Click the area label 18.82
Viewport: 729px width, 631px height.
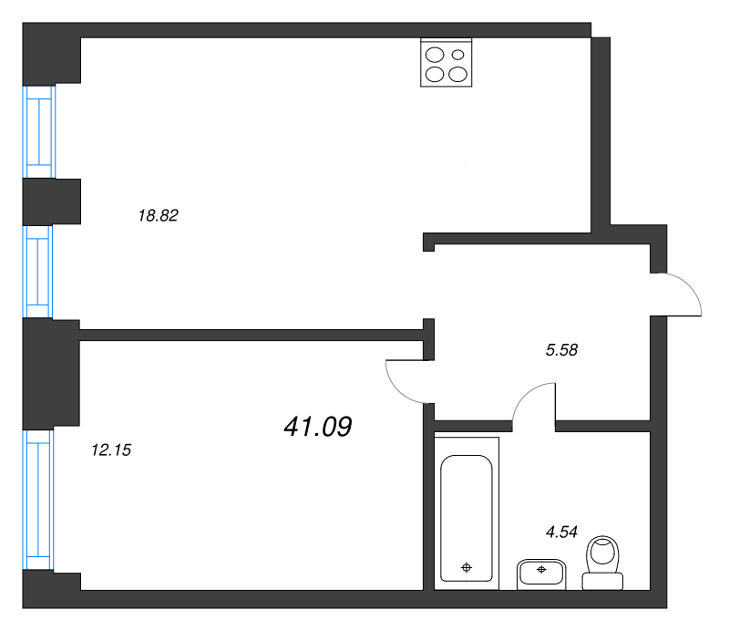pyautogui.click(x=158, y=215)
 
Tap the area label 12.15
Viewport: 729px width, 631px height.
pyautogui.click(x=111, y=450)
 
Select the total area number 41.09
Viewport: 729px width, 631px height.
pyautogui.click(x=318, y=426)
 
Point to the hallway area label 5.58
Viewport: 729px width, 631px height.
pyautogui.click(x=561, y=349)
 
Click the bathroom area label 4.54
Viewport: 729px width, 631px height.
pyautogui.click(x=561, y=532)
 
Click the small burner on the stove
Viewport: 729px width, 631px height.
pyautogui.click(x=458, y=55)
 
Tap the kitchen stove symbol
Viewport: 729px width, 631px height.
pyautogui.click(x=447, y=62)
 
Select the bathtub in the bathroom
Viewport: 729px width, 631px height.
pyautogui.click(x=467, y=513)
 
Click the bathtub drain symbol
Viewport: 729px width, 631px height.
pyautogui.click(x=467, y=567)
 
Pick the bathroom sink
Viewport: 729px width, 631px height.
pyautogui.click(x=541, y=574)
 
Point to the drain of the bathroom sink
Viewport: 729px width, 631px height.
pyautogui.click(x=541, y=569)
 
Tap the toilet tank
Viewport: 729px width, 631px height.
pyautogui.click(x=602, y=581)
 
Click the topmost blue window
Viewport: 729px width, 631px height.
pyautogui.click(x=39, y=131)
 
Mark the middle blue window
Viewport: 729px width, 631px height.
pyautogui.click(x=37, y=272)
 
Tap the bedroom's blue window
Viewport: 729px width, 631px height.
pyautogui.click(x=38, y=500)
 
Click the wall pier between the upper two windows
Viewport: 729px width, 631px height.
pyautogui.click(x=52, y=202)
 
